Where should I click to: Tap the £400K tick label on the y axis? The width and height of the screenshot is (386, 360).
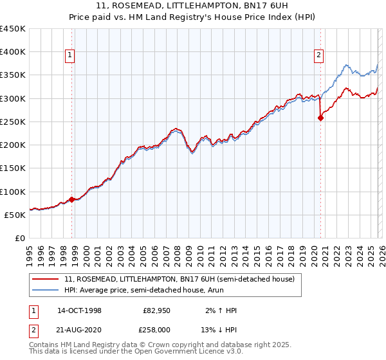pos(13,52)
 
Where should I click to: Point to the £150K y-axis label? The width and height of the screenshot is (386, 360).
pos(13,168)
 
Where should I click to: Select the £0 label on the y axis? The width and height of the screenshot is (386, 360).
pos(20,238)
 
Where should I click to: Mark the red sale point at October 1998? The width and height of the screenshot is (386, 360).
pos(72,199)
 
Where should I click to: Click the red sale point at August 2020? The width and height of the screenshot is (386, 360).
pos(320,118)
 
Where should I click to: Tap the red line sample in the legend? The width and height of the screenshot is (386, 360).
pos(46,279)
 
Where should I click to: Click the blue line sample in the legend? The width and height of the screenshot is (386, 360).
pos(46,291)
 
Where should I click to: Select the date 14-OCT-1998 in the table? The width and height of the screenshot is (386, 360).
pos(79,310)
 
